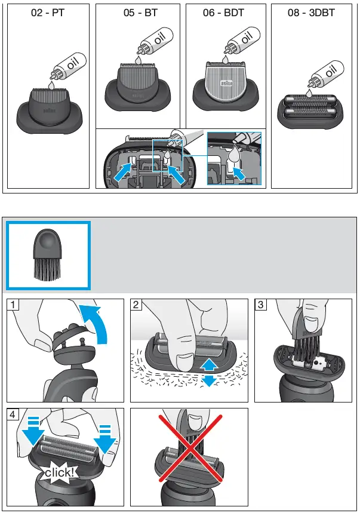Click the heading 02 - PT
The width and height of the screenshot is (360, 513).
[48, 13]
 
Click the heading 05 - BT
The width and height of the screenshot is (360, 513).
[141, 13]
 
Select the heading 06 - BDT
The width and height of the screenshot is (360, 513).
[224, 13]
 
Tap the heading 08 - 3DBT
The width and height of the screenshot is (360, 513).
[311, 13]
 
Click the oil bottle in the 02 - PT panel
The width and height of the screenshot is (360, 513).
[69, 66]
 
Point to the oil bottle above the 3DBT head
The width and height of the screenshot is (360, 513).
[325, 73]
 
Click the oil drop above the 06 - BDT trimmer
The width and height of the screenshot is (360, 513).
[225, 60]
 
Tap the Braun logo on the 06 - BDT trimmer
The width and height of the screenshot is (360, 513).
[226, 84]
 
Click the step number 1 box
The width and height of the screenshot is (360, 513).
[13, 305]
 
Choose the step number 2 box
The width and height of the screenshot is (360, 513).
[136, 305]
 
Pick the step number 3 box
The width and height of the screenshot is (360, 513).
[260, 305]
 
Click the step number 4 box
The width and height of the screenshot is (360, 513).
[13, 414]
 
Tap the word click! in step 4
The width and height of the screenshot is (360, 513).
[59, 472]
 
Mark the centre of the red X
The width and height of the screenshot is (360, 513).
[190, 449]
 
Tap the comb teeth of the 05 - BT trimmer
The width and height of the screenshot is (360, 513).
[138, 64]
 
